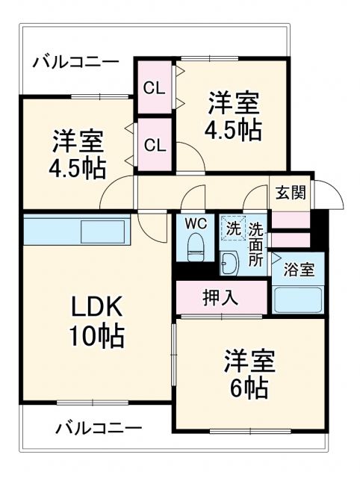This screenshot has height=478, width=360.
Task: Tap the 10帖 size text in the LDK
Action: pyautogui.click(x=96, y=338)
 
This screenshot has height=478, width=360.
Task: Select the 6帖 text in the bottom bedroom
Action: pyautogui.click(x=249, y=388)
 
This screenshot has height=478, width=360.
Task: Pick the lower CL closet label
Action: pyautogui.click(x=155, y=145)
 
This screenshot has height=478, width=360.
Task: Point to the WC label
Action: pyautogui.click(x=196, y=223)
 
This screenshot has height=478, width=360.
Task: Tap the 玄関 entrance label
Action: pyautogui.click(x=291, y=192)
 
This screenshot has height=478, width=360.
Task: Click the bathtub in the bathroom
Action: pyautogui.click(x=297, y=299)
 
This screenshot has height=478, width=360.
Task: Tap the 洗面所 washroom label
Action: pyautogui.click(x=256, y=245)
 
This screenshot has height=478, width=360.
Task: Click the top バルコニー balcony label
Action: pyautogui.click(x=75, y=61)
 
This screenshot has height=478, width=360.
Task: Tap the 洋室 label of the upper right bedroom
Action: pyautogui.click(x=233, y=103)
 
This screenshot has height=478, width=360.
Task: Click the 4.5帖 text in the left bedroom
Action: pyautogui.click(x=78, y=167)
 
